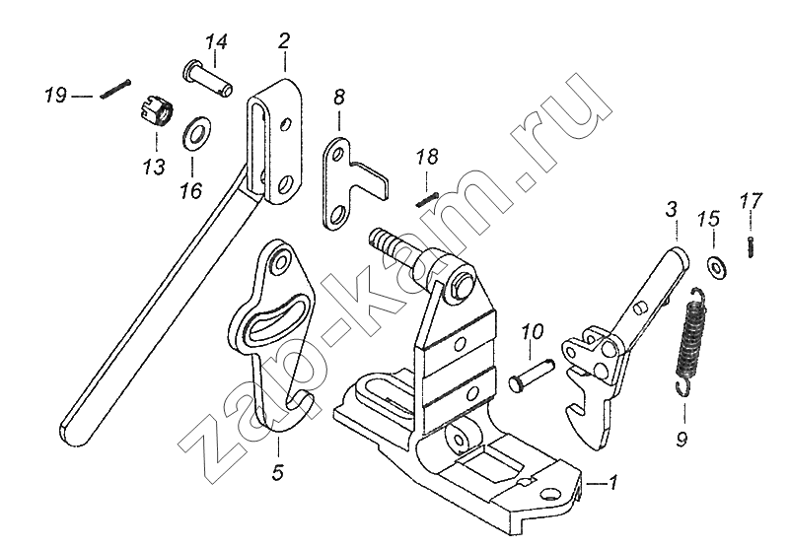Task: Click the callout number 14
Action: tap(216, 41)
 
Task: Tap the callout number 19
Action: tap(55, 96)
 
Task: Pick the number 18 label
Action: tap(426, 158)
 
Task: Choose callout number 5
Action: tap(278, 473)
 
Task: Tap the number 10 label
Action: tap(532, 331)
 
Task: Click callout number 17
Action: tap(751, 201)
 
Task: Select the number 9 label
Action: tap(681, 438)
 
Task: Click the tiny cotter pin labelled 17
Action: tap(751, 245)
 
